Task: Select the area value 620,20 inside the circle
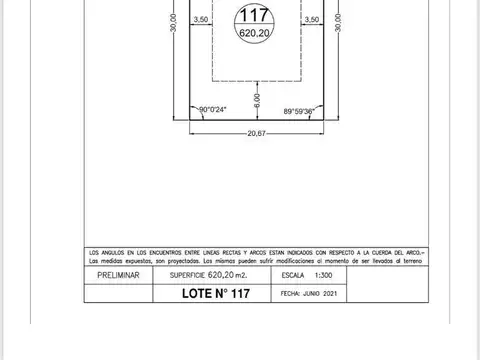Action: pos(254,33)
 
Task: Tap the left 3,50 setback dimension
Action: pos(201,19)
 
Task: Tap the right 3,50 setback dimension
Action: pos(311,19)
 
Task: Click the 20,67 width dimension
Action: pos(256,133)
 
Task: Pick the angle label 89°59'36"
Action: pos(300,111)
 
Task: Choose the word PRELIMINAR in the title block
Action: pos(117,273)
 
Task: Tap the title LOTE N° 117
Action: pos(212,294)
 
